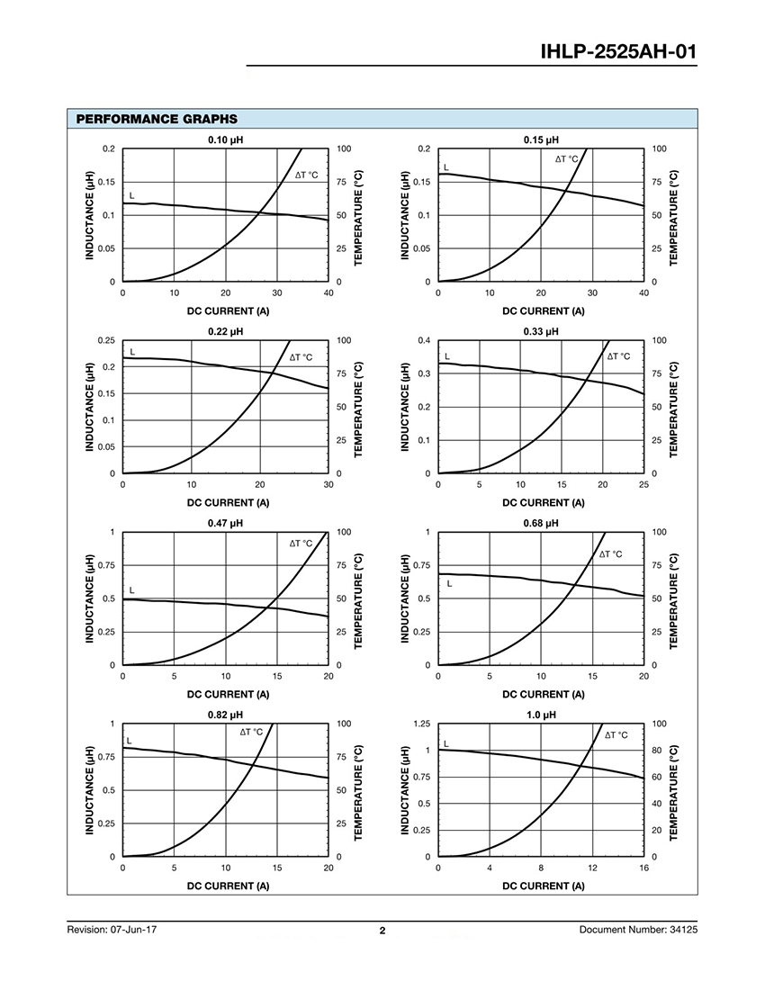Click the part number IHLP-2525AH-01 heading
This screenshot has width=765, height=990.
(618, 52)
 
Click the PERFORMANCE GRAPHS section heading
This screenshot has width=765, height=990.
(157, 119)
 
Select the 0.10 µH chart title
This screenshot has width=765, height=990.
(225, 139)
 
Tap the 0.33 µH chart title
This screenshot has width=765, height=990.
(541, 331)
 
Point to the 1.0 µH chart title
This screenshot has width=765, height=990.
(541, 715)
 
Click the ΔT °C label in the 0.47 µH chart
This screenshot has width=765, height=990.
(301, 543)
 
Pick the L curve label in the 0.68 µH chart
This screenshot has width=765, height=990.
(449, 583)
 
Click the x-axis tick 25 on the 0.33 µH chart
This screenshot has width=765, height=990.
(643, 484)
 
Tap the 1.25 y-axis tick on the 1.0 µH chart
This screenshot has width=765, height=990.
(422, 724)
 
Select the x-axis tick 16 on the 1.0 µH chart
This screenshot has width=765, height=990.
(643, 868)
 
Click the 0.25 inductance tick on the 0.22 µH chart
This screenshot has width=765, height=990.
(107, 340)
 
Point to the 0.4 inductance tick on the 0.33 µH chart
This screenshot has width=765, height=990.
(425, 340)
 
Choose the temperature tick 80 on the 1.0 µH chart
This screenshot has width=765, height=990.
(656, 750)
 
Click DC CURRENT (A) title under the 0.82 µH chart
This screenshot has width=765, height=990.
(228, 886)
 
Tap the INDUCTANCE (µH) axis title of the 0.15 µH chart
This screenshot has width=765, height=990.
(405, 215)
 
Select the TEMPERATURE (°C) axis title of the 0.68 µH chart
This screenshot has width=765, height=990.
(673, 601)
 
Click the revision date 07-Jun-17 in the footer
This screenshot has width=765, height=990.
(134, 930)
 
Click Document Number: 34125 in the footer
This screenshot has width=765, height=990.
(638, 930)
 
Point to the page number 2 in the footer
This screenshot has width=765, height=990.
(382, 930)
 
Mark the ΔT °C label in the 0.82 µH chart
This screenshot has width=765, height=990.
(251, 732)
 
